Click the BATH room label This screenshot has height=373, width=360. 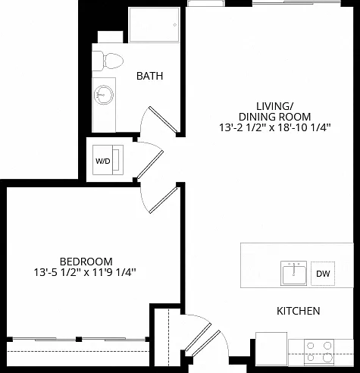click(149, 76)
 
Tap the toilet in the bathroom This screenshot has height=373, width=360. click(108, 61)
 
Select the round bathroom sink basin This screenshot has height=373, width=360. click(104, 95)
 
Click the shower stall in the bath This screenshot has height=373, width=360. click(154, 24)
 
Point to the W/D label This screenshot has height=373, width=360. click(103, 161)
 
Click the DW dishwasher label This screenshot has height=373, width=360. click(323, 274)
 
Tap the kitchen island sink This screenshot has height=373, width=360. click(293, 273)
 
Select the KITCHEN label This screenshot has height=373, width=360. click(299, 311)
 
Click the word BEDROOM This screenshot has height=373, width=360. click(86, 262)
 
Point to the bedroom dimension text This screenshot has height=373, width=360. click(85, 272)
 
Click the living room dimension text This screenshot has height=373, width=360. click(274, 127)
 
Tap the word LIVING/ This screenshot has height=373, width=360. click(274, 106)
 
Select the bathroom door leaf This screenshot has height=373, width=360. click(163, 120)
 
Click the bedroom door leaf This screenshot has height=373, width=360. click(164, 200)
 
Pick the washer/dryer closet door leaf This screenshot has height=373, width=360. click(150, 165)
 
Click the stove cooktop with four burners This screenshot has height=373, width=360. click(319, 352)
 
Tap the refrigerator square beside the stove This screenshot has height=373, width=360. click(271, 349)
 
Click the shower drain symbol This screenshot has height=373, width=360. click(175, 25)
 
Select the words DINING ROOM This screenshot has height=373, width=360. click(274, 117)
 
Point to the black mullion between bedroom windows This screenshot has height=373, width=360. click(79, 339)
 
